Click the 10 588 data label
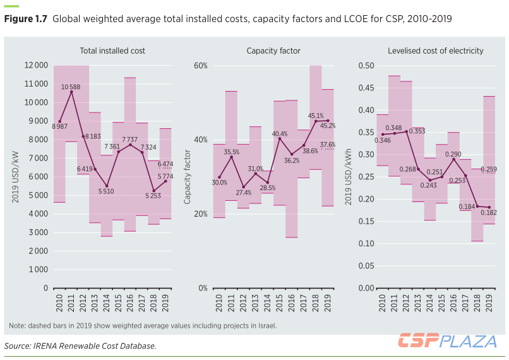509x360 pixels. (x=71, y=87)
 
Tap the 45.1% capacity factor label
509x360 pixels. (x=316, y=116)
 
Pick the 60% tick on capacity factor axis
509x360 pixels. (x=200, y=66)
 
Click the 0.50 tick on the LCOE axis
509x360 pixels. (x=366, y=66)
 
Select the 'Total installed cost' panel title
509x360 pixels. (x=112, y=51)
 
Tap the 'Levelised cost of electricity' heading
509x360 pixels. (x=436, y=51)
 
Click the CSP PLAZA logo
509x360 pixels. (x=446, y=341)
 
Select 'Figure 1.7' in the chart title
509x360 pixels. (x=26, y=19)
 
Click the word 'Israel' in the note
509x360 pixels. (x=265, y=326)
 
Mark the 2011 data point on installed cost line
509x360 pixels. (x=71, y=92)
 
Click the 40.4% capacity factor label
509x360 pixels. (x=280, y=134)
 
